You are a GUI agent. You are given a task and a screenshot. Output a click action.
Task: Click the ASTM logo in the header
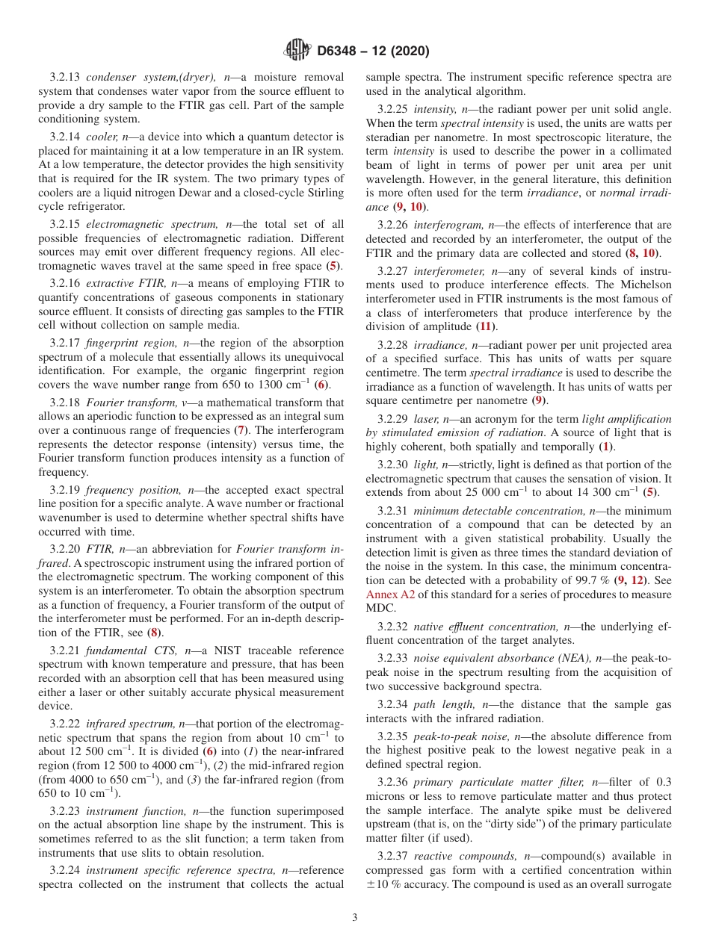[x=297, y=51]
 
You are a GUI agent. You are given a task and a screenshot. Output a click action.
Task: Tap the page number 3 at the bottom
[x=355, y=918]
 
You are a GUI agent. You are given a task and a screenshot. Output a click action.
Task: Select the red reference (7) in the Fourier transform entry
[x=241, y=430]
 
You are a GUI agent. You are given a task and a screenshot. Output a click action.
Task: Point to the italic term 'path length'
[x=444, y=704]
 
